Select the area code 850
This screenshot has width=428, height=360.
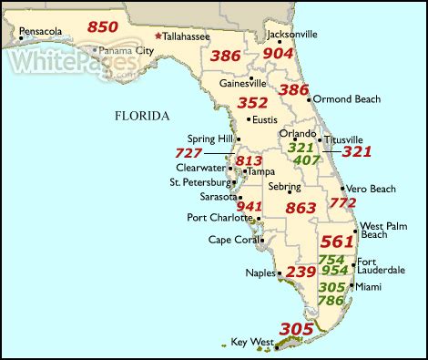click(x=103, y=26)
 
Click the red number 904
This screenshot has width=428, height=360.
click(x=278, y=53)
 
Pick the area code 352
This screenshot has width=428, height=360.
click(x=251, y=102)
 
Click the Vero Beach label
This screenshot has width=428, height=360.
click(x=371, y=189)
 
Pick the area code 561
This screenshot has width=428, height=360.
click(x=336, y=242)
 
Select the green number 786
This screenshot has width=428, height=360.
click(x=331, y=301)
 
